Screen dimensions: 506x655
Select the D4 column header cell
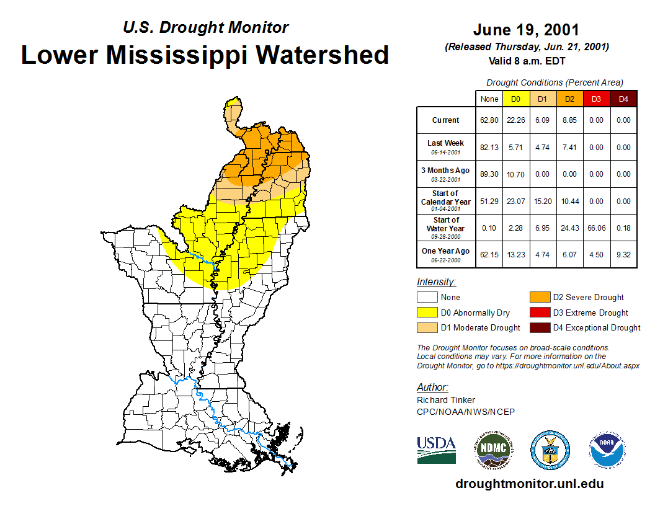coord(623,99)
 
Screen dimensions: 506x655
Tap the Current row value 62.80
coord(489,120)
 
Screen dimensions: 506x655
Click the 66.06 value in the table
coord(597,228)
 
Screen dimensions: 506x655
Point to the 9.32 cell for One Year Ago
coord(623,254)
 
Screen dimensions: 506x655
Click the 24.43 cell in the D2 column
coord(569,228)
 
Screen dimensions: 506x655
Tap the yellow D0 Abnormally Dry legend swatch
coord(426,313)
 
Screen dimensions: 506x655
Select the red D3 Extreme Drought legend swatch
coord(539,313)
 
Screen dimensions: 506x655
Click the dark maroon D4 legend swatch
coord(539,327)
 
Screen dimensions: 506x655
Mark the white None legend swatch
coord(426,298)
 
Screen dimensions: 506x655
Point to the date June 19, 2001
coord(526,30)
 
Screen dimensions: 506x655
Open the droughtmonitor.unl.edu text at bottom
coord(529,484)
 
